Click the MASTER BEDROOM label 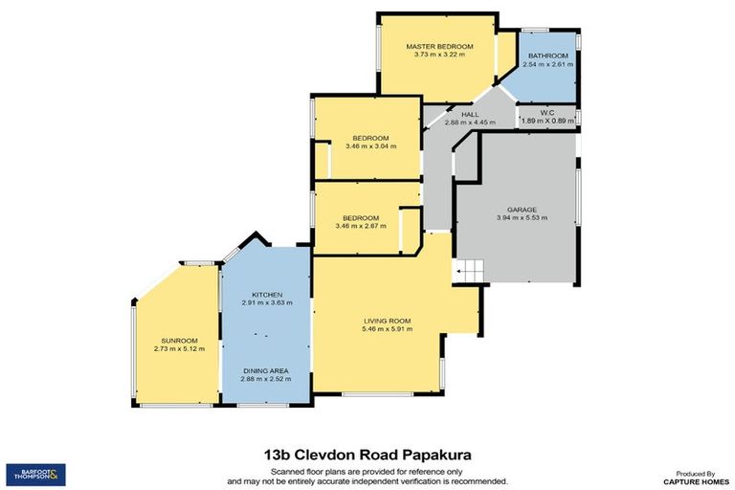click(x=439, y=46)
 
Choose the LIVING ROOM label click(x=387, y=321)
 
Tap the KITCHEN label click(x=267, y=294)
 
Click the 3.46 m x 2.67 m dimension click(x=361, y=226)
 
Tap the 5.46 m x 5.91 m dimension click(x=387, y=329)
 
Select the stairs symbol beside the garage click(x=470, y=272)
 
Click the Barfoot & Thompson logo click(x=36, y=473)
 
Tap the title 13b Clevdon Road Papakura click(x=367, y=457)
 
